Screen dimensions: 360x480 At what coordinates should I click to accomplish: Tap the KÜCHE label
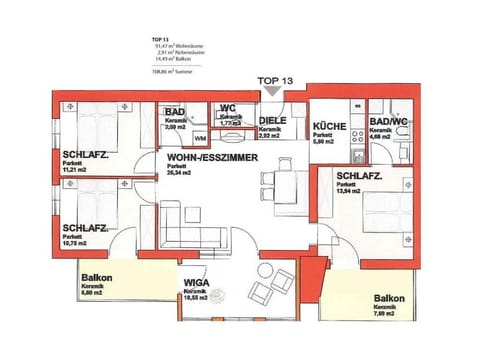coord(329,128)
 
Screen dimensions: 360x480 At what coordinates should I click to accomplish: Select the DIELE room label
coord(274,120)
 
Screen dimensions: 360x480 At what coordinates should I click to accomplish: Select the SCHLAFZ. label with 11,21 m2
coord(85,155)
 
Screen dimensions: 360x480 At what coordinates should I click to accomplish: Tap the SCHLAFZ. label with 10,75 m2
coord(85,228)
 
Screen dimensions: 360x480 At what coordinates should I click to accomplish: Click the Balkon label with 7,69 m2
coord(389,299)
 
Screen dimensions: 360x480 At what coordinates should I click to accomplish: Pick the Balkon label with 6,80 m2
coord(96,278)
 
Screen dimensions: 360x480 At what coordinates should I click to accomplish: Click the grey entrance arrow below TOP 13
coord(274,92)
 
